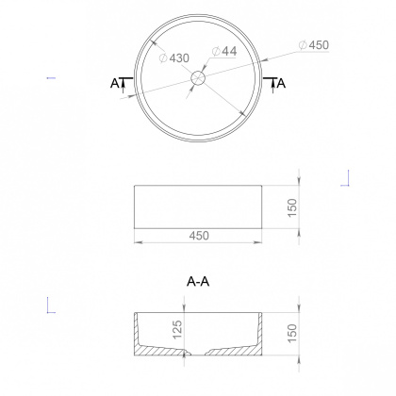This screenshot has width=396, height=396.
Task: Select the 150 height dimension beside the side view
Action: click(x=293, y=206)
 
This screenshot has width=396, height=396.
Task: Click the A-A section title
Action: click(x=198, y=281)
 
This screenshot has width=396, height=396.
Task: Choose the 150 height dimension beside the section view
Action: click(x=293, y=333)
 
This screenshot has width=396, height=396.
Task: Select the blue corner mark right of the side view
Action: click(x=348, y=178)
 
